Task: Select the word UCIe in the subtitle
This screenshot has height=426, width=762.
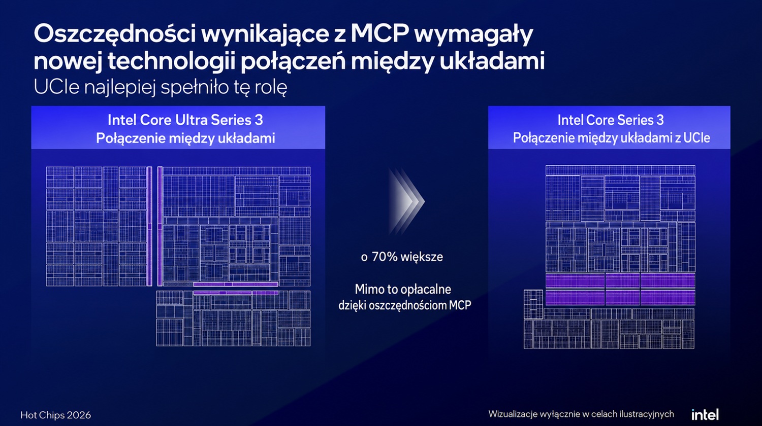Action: [57, 87]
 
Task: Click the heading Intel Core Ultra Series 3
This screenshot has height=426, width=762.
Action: [185, 120]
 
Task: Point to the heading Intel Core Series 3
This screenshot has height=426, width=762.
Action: [611, 120]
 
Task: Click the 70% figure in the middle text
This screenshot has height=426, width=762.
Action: [385, 257]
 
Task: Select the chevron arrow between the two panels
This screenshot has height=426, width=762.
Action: [406, 201]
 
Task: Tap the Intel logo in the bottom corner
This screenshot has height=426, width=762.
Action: [705, 414]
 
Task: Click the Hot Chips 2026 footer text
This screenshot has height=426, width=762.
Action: [56, 415]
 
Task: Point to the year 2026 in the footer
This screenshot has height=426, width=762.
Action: [79, 415]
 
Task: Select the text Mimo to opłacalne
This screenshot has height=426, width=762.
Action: [403, 290]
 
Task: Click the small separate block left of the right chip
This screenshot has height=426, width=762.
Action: [533, 304]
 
